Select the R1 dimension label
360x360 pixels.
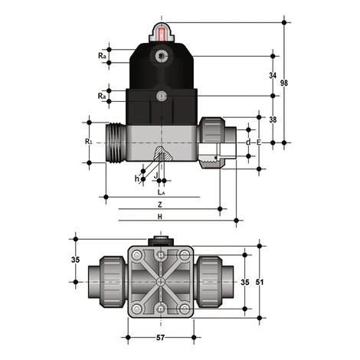[89, 142]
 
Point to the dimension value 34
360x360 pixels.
[273, 75]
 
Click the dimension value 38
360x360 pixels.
[273, 119]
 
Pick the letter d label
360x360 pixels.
[249, 142]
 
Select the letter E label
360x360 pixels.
[258, 142]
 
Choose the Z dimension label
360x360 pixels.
[159, 206]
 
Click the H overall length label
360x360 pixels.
[159, 218]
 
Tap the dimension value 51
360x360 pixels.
[260, 283]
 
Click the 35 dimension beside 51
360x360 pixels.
[245, 283]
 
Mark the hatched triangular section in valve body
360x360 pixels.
[161, 159]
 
